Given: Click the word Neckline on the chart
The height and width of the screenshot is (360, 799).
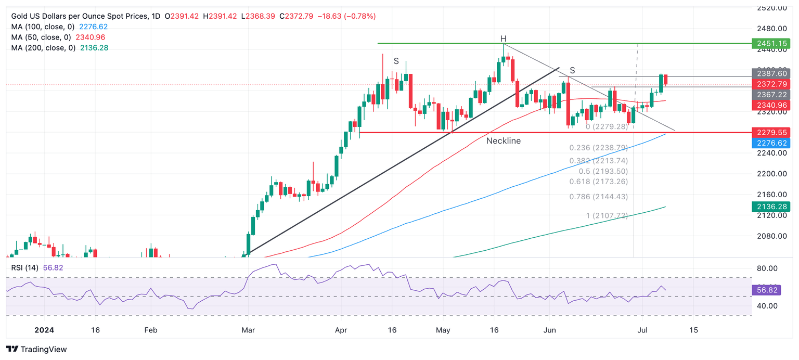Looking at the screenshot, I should point(503,141).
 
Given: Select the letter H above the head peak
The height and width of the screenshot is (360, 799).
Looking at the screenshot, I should point(503,39).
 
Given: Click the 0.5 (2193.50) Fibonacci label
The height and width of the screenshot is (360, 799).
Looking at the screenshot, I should point(603,171).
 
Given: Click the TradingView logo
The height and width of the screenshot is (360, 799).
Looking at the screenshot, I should point(36,350).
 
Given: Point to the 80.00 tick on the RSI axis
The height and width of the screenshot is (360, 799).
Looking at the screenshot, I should point(766,268).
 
